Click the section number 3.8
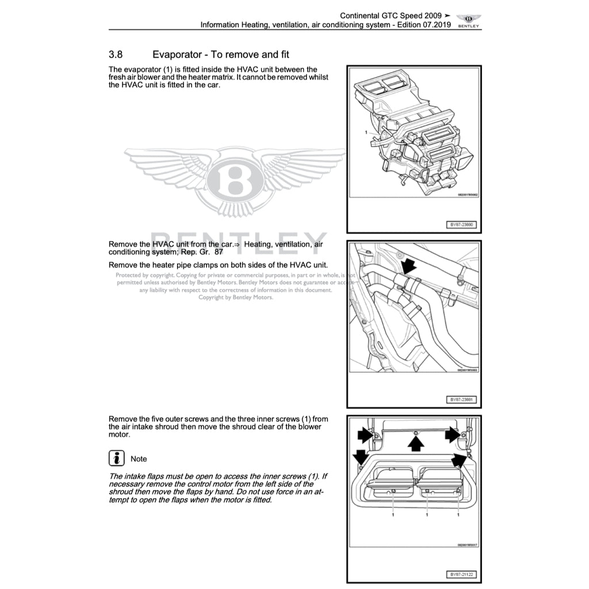116,55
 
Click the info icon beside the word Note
117,458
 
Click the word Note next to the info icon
139,459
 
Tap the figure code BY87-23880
462,225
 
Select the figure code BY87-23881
462,400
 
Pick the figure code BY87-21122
462,575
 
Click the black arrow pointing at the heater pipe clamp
408,266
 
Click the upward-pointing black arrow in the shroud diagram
416,442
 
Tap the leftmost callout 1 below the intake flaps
393,515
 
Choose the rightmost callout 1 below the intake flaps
458,515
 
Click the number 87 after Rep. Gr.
219,252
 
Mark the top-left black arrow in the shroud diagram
365,435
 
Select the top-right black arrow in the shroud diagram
453,435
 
